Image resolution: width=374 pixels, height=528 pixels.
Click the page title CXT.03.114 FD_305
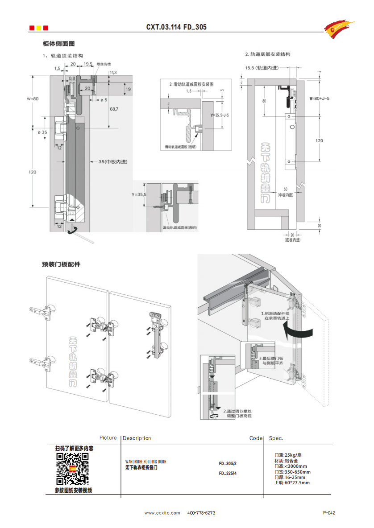pos(176,27)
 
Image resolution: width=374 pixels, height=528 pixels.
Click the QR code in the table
pos(72,469)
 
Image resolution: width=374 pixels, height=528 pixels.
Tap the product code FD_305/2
pos(228,463)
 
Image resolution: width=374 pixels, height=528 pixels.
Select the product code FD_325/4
pos(228,473)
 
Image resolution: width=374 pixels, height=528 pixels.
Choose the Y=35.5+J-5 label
pos(219,115)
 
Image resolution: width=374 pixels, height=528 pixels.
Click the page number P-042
pos(329,513)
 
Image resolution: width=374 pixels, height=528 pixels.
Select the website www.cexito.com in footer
pos(162,513)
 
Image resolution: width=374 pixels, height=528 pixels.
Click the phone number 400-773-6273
pos(201,513)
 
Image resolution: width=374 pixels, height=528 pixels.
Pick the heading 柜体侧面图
pos(58,44)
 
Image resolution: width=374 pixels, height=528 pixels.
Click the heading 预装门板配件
pos(61,264)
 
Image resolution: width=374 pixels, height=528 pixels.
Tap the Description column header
pos(137,438)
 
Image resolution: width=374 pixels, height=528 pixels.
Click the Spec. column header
pos(276,438)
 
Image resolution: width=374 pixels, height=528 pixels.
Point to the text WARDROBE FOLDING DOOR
pos(145,462)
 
